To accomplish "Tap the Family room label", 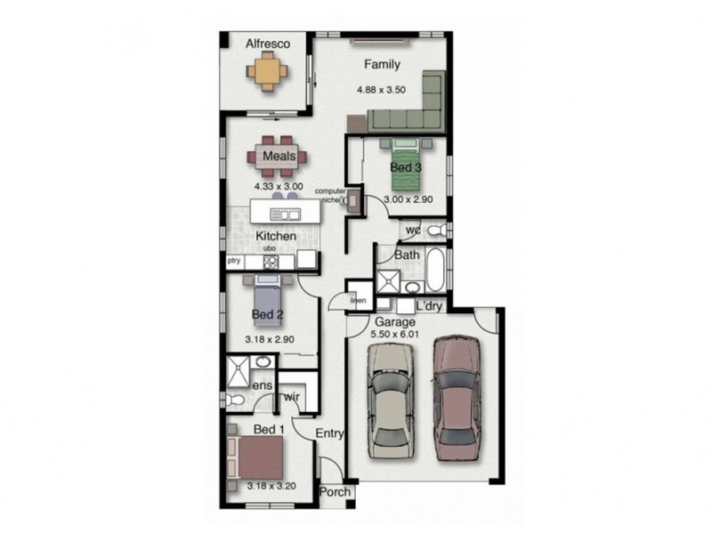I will click(381, 64).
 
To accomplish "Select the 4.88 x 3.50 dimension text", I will click(381, 90).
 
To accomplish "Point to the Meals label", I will click(279, 157).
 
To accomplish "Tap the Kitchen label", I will click(276, 236).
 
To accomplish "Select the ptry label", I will click(234, 261).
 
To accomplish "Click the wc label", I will click(413, 231).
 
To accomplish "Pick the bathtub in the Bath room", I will click(436, 272).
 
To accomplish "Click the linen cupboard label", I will click(357, 300).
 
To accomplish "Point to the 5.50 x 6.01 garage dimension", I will click(396, 335).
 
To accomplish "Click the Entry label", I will click(330, 433).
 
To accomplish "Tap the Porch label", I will click(334, 492).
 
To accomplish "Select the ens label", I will click(260, 387).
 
